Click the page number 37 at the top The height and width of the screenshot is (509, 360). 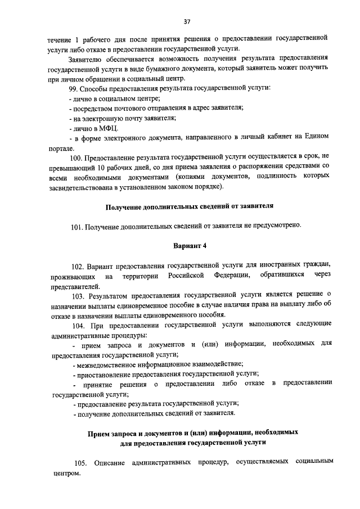(x=187, y=21)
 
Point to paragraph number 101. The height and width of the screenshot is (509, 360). (x=77, y=226)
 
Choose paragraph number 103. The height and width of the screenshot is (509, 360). (x=78, y=294)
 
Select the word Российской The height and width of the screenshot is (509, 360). (x=185, y=275)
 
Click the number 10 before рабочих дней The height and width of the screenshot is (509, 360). (x=98, y=166)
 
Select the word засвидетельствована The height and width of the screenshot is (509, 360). (x=82, y=186)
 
